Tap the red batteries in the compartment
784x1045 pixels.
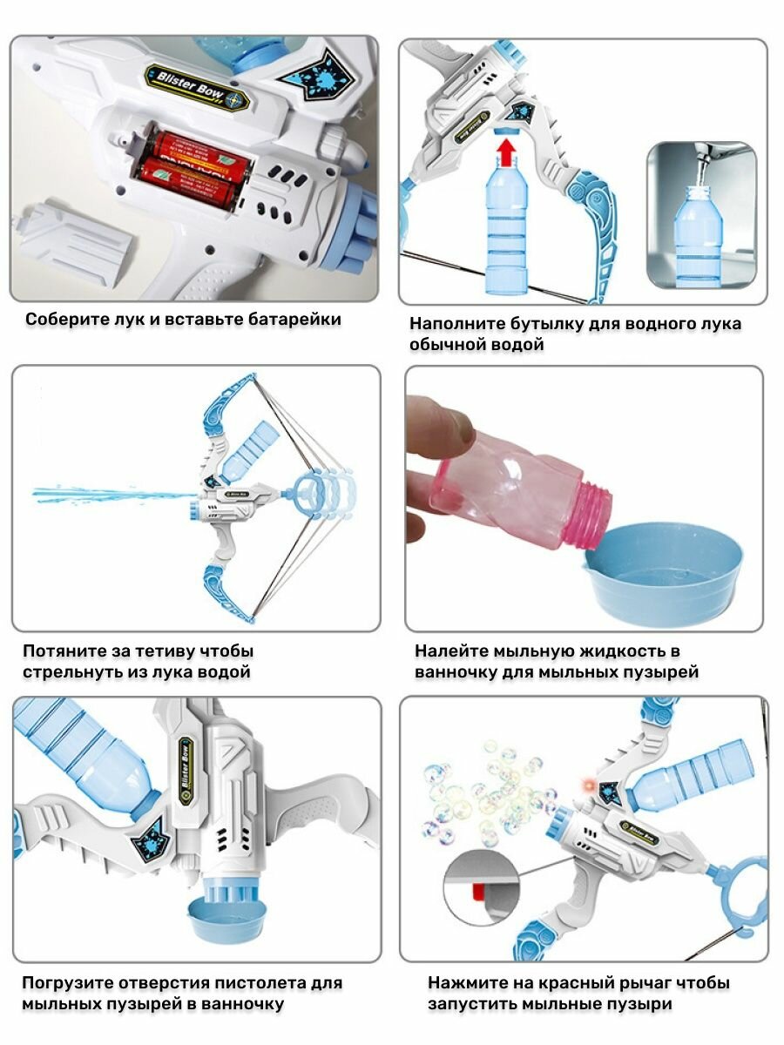pos(193,162)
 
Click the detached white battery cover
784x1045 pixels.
pos(75,235)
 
